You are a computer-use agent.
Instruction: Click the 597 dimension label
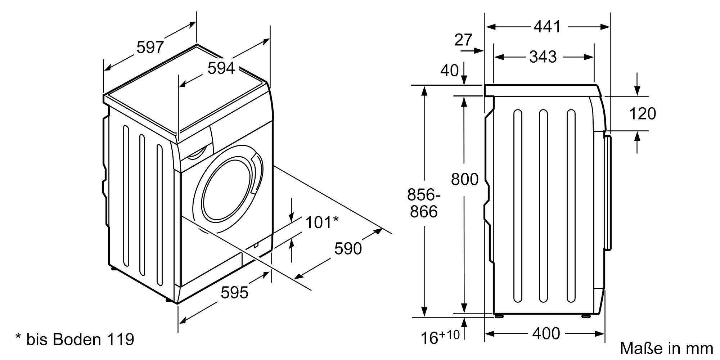150,48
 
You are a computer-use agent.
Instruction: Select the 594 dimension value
221,68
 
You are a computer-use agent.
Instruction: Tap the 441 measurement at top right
547,27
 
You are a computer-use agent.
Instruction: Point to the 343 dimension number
543,57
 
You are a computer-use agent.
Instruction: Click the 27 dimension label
463,40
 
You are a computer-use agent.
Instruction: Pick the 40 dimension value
450,71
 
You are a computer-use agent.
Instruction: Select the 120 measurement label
643,114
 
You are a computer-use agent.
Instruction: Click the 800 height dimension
465,179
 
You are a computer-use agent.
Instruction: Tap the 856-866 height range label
424,203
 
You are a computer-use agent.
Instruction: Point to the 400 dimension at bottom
546,334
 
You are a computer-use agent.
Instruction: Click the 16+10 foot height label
440,337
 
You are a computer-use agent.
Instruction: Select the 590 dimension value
348,249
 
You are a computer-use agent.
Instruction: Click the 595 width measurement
234,293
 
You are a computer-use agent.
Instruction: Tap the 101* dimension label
322,222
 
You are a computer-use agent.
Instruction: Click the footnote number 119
121,339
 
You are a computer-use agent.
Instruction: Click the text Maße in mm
666,348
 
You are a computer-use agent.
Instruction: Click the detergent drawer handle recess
197,152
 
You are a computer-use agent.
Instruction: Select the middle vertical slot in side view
543,206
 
